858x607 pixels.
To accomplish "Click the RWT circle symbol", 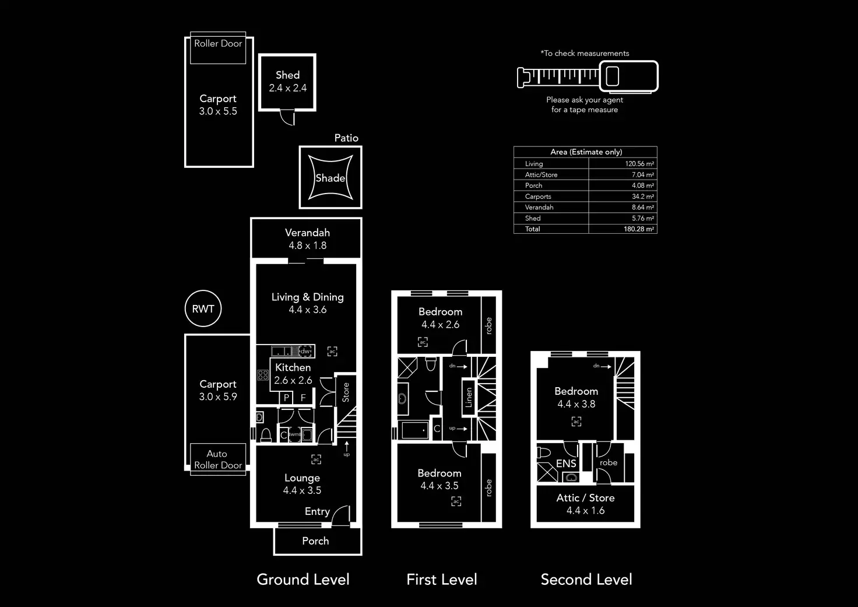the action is point(203,309).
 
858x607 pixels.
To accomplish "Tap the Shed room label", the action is point(288,75).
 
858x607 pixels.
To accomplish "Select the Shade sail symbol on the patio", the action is point(330,178).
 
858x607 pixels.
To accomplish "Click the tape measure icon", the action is point(588,76).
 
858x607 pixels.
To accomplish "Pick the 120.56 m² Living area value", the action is point(639,164).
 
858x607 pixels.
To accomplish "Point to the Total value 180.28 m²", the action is point(638,229).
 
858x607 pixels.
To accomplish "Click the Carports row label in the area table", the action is point(538,197).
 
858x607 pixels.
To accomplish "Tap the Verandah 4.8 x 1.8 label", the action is point(307,239).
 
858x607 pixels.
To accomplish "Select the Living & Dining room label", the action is point(307,297).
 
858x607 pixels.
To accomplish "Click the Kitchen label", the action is point(293,368).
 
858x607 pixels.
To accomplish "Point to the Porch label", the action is point(315,541).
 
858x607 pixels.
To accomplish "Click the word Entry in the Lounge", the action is point(317,511).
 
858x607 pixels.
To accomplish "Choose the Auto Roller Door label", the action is point(218,459).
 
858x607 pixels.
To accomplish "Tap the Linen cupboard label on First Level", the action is point(469,398).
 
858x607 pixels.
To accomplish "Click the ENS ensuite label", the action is point(566,464).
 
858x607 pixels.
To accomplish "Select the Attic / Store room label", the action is point(585,498).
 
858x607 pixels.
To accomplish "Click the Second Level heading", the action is point(586,580).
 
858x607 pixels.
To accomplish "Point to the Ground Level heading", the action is point(303,580).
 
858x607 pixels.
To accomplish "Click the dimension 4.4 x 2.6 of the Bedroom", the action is point(440,325).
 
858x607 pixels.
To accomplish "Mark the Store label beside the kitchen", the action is point(346,392).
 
